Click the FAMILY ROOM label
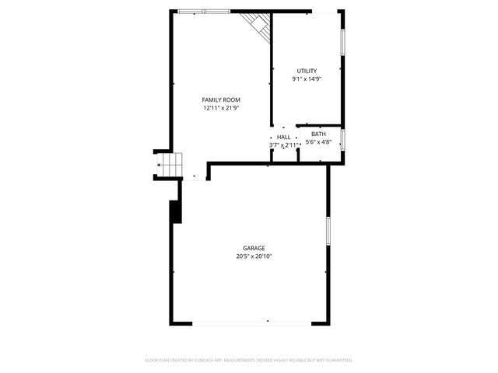pos(221,100)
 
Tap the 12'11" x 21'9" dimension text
pos(221,109)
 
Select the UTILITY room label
pos(307,71)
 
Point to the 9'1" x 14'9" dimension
pos(307,79)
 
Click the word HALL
pos(284,137)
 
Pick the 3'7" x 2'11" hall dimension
pos(284,145)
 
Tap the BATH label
pos(318,134)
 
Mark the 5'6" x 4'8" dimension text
pos(318,142)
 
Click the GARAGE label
pos(254,249)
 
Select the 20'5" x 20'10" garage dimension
pos(254,257)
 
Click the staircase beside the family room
pos(170,164)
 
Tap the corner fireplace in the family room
pos(258,25)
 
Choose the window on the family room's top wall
pos(204,11)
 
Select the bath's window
pos(343,141)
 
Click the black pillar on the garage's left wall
pos(176,211)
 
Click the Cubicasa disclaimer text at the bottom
pos(249,361)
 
